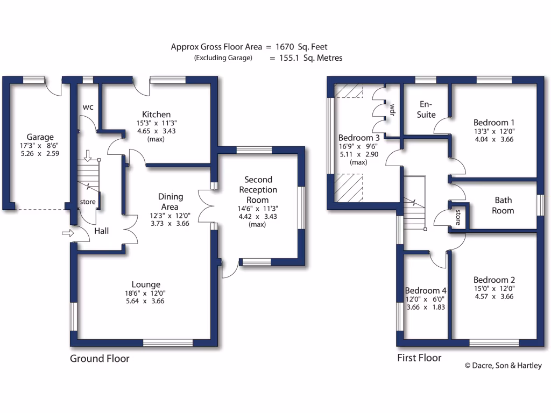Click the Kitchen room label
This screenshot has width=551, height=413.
pos(156,115)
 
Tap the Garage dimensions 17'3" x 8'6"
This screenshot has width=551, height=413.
pos(40,146)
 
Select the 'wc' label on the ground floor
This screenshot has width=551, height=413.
pos(88,107)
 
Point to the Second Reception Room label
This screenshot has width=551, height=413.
pos(258,190)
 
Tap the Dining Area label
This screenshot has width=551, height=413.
pos(171,202)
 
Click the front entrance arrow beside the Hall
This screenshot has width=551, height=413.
pos(68,233)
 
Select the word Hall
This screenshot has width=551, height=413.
pos(102,231)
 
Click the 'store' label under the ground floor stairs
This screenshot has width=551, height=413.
pos(88,202)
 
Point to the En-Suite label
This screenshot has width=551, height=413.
pos(426,109)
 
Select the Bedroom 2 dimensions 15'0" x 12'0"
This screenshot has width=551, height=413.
pos(494,289)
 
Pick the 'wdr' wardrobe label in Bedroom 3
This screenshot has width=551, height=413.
pos(392,110)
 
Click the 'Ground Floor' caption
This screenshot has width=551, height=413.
pos(100,359)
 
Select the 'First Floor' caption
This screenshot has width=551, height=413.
pos(419,358)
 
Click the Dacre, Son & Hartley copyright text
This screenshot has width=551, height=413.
pos(503,366)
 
